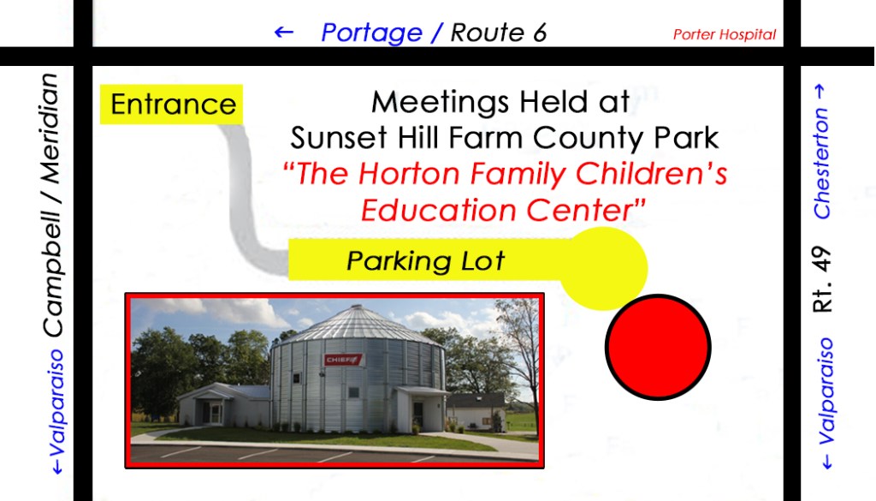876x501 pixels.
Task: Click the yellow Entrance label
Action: click(171, 104)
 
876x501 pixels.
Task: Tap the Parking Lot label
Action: click(425, 260)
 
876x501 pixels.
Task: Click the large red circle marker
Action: click(658, 347)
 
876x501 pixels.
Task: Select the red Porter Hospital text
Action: click(724, 34)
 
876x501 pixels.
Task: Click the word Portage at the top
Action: click(371, 33)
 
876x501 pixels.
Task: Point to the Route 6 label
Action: click(499, 33)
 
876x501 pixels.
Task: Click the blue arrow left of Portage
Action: click(284, 32)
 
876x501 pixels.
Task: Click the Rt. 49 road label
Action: click(822, 279)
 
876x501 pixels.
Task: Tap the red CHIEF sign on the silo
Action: click(343, 360)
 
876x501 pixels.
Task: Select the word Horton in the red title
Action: click(410, 173)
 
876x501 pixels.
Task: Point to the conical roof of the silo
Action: click(358, 325)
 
